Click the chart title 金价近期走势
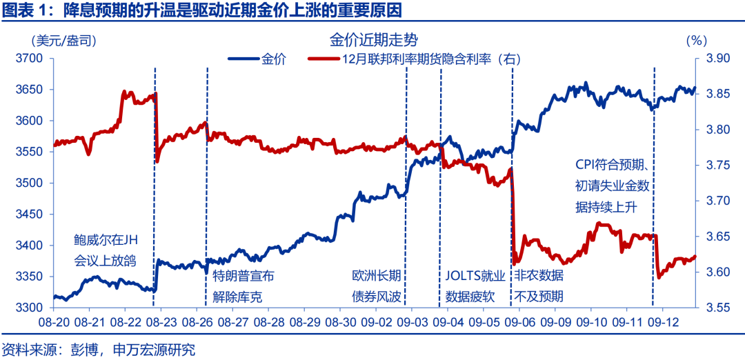(x=373, y=39)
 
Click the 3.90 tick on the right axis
(x=719, y=59)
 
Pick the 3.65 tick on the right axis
(x=719, y=237)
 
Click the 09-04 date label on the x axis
(x=446, y=321)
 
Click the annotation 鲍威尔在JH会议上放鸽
(x=106, y=251)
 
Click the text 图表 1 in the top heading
(x=21, y=10)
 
